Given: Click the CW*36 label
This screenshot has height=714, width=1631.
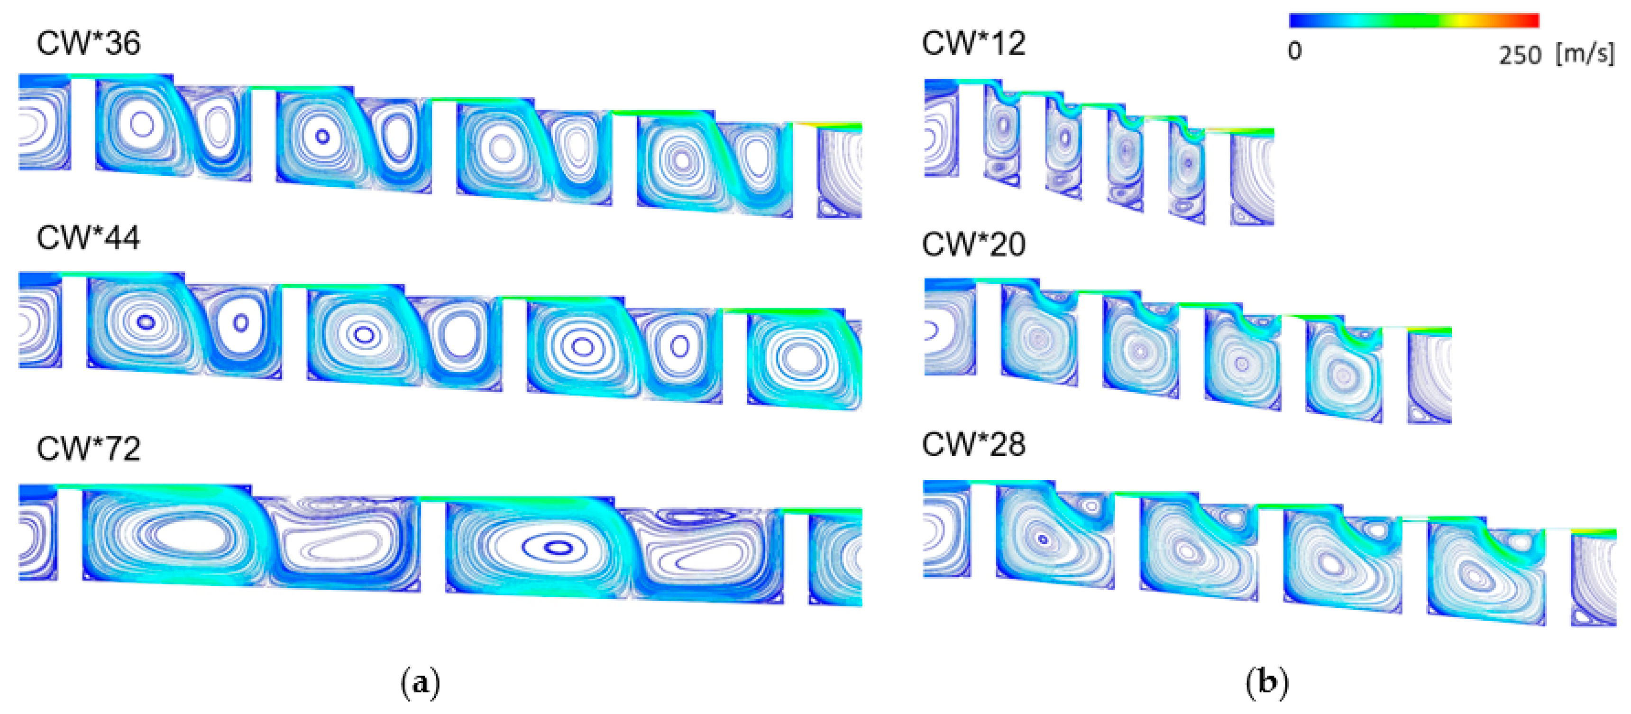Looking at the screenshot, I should (88, 44).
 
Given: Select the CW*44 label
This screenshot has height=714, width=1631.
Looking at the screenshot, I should (88, 238).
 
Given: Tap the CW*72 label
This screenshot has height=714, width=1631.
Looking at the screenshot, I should (88, 449).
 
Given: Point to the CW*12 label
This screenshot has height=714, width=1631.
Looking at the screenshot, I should (973, 44).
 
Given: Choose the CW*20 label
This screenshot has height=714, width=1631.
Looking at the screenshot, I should (973, 244).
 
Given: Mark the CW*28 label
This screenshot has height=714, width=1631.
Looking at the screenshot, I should (973, 445).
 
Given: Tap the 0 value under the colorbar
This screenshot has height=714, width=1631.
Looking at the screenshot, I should (1295, 51).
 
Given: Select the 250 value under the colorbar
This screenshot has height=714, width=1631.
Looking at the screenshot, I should (1520, 55).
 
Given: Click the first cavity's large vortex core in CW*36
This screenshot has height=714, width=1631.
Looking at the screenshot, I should (142, 124).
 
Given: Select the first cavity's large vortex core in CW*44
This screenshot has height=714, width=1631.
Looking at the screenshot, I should (146, 322).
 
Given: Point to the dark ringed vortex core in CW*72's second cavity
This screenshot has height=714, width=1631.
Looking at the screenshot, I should (557, 548).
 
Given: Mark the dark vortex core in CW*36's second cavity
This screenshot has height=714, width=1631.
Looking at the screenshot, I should (322, 136).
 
